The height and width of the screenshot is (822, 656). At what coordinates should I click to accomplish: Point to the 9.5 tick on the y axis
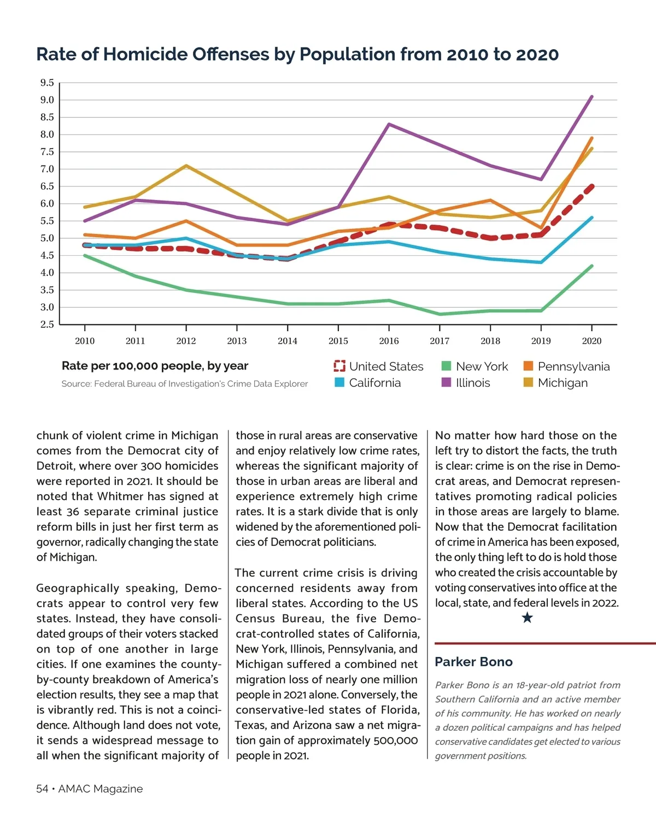[x=47, y=83]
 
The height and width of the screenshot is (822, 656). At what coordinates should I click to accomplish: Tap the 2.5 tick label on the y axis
[x=47, y=325]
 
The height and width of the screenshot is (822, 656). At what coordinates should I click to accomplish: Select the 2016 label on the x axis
[x=389, y=341]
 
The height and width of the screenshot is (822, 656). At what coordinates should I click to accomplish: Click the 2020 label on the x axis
[x=591, y=341]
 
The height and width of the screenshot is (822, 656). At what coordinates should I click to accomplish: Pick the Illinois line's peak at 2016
[x=389, y=124]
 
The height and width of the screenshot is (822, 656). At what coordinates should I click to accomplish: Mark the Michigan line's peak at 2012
[x=186, y=166]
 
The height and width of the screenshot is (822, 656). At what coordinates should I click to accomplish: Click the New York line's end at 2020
[x=591, y=266]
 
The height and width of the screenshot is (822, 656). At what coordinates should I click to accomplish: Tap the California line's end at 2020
[x=591, y=218]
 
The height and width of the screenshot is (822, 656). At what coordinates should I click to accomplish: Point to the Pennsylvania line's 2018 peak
[x=490, y=200]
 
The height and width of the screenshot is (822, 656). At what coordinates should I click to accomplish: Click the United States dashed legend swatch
[x=339, y=366]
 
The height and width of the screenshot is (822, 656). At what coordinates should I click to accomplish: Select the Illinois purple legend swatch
[x=446, y=383]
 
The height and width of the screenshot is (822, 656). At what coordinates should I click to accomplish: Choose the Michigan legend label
[x=563, y=383]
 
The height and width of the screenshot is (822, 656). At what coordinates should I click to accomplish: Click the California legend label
[x=374, y=383]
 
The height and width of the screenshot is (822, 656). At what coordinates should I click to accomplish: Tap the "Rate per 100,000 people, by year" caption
[x=155, y=366]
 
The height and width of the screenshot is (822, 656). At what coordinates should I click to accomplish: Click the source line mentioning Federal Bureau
[x=184, y=384]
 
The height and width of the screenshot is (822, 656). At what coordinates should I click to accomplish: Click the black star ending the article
[x=527, y=618]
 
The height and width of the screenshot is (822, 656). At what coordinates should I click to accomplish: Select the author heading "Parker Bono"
[x=473, y=662]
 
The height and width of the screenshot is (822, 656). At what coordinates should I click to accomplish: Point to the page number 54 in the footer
[x=42, y=789]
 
